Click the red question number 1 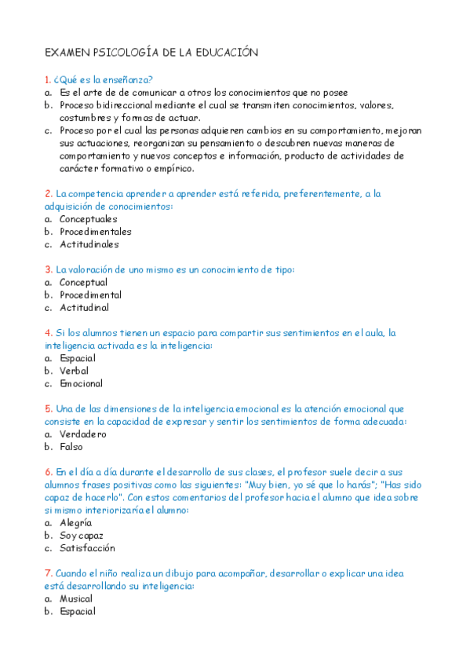[48, 79]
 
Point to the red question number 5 [48, 409]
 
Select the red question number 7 [48, 573]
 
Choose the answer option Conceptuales [88, 219]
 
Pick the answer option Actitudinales [89, 244]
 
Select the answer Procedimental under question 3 [90, 295]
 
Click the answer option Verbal [74, 371]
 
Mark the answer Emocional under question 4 [81, 384]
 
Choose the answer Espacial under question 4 [77, 358]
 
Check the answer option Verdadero [82, 434]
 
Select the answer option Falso [71, 447]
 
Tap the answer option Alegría [75, 522]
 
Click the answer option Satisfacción [87, 548]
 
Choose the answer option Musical [76, 598]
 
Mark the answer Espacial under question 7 [77, 611]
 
